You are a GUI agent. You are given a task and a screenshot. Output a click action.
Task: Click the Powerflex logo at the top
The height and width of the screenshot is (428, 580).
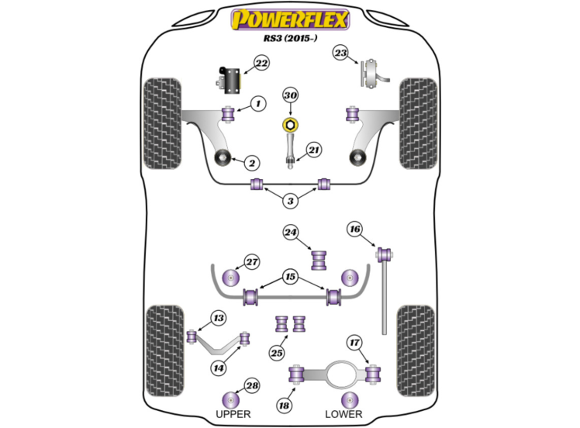[290, 19]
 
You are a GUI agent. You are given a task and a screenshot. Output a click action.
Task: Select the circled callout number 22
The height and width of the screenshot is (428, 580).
[261, 63]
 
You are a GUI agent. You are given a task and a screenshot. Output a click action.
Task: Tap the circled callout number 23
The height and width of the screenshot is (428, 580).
[340, 53]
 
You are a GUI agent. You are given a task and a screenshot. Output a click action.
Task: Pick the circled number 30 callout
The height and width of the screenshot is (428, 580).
[290, 95]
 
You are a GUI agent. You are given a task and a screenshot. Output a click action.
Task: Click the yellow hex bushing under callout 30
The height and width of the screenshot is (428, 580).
[289, 125]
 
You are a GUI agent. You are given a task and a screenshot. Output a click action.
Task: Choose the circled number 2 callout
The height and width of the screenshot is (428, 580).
[252, 163]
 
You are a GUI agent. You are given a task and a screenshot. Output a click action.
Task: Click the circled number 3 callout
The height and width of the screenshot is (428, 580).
[290, 202]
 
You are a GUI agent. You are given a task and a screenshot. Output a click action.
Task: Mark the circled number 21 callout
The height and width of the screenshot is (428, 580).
[313, 150]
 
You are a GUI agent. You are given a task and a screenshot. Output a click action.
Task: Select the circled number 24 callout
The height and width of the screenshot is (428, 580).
[290, 231]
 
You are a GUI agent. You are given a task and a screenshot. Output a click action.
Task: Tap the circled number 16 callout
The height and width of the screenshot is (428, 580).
[354, 229]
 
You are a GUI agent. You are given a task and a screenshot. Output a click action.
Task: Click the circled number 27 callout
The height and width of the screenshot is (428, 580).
[251, 262]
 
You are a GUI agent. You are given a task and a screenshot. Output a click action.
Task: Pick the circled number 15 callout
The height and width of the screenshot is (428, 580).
[290, 276]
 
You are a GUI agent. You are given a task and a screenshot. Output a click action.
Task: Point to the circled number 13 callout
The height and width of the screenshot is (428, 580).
[218, 317]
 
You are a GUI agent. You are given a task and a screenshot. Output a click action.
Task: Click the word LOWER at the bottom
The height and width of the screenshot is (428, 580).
[344, 414]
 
